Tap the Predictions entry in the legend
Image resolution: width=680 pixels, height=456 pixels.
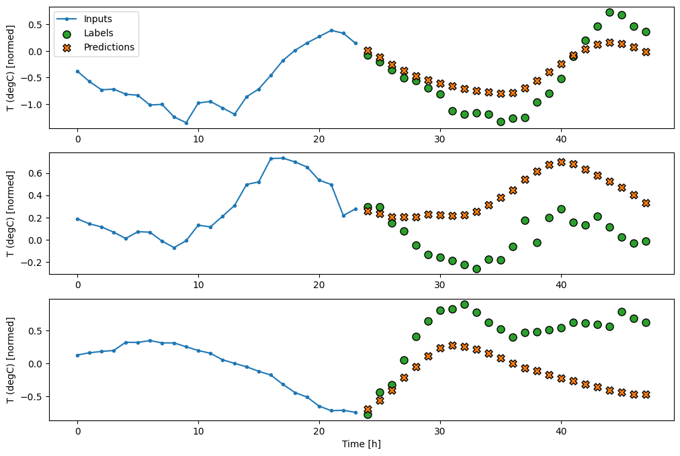109,47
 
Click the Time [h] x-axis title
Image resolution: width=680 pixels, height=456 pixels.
362,444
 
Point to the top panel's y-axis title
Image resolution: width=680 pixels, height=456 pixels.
11,67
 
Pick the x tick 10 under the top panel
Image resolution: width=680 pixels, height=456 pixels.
198,138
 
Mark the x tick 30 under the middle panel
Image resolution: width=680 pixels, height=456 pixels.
440,285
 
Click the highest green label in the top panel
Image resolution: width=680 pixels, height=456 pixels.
609,12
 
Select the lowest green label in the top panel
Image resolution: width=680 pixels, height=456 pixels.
501,122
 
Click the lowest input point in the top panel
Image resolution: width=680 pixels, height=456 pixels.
186,123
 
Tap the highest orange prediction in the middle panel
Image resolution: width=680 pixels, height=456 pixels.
561,162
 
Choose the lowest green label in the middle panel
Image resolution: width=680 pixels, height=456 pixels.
476,269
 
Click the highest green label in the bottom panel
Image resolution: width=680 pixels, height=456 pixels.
464,304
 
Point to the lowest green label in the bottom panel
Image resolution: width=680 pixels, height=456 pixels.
368,414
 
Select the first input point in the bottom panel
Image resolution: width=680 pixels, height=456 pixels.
77,355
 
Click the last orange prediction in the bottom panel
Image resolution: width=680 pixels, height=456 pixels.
646,394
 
